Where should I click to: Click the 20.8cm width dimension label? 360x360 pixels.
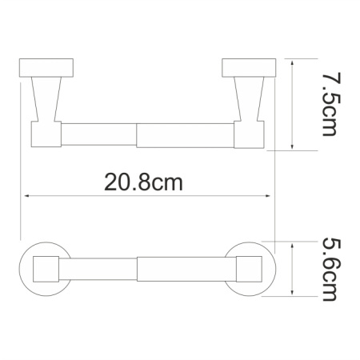pyautogui.click(x=143, y=182)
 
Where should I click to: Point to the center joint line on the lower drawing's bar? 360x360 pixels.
pyautogui.click(x=138, y=269)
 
